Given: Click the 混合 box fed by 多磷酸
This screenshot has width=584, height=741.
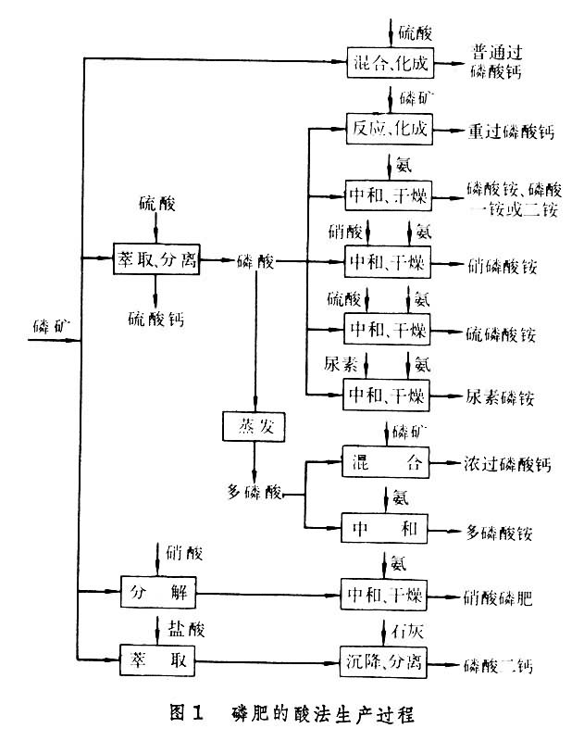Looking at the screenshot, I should pos(386,462).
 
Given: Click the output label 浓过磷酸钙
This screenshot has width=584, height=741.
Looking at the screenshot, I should pos(509,462).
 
